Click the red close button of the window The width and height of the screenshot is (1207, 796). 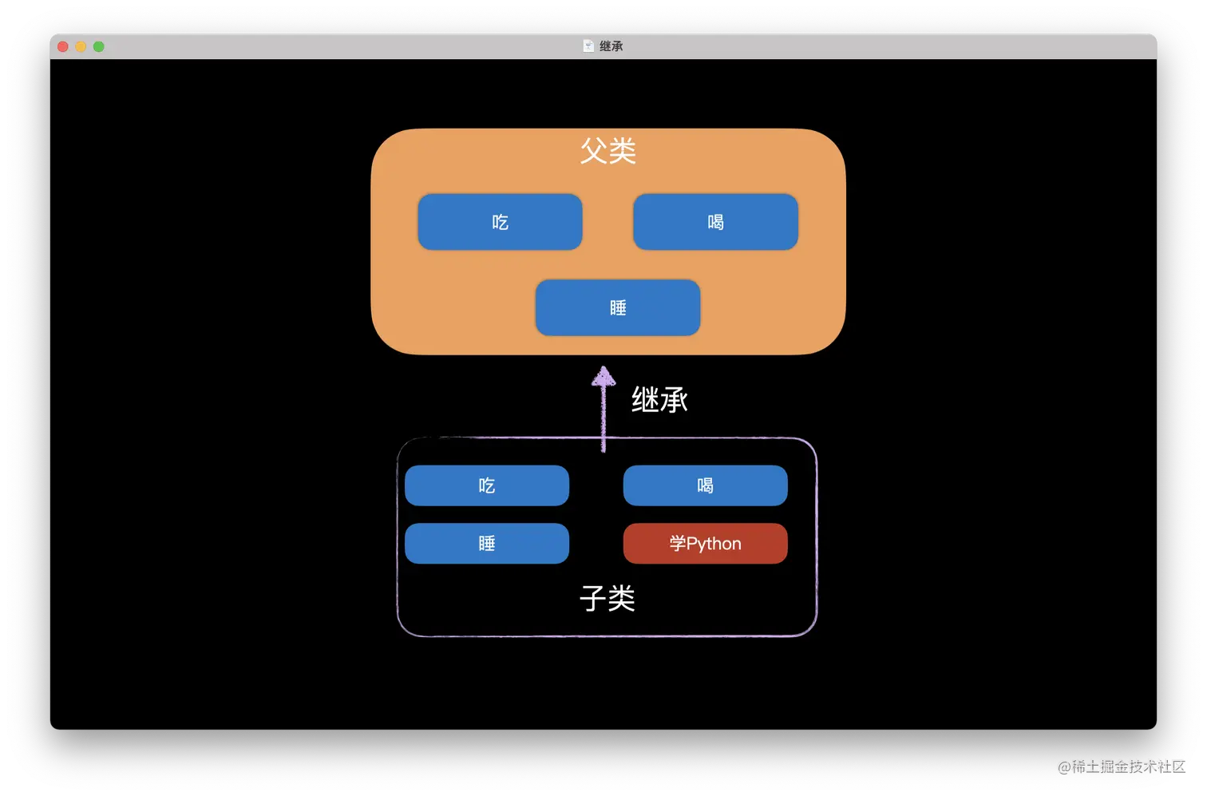point(63,46)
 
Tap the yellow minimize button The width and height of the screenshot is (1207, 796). point(81,46)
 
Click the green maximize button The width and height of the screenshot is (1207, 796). point(99,46)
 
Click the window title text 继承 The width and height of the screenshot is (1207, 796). point(611,46)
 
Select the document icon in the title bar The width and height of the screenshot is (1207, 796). point(588,46)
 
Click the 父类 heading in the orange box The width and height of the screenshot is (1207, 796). point(607,151)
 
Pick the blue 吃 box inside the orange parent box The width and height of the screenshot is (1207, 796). point(500,222)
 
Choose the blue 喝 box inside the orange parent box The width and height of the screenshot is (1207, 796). point(715,222)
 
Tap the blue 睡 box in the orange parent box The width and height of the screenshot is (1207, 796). point(618,307)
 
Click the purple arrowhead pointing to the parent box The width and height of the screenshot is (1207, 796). point(603,376)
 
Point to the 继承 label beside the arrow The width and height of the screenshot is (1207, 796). point(659,400)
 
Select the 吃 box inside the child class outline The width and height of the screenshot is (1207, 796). point(487,485)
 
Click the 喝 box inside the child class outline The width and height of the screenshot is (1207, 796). point(705,485)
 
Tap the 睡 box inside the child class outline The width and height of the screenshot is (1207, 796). point(487,544)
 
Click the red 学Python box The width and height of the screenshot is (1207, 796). point(705,544)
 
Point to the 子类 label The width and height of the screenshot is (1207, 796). point(607,598)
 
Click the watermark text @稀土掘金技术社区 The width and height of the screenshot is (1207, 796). point(1120,766)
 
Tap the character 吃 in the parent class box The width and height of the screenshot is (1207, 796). point(500,222)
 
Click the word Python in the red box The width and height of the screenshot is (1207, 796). point(714,545)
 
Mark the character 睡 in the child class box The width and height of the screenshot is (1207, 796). point(487,544)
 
